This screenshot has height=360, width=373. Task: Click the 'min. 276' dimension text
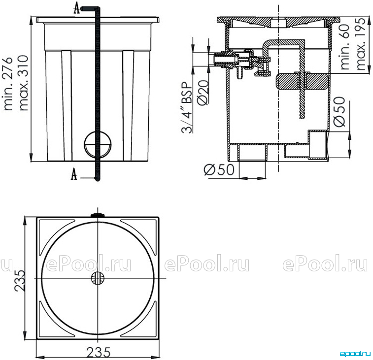coord(8,84)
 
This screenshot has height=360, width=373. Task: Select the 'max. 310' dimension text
coord(23,83)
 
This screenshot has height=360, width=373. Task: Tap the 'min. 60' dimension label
coord(345,47)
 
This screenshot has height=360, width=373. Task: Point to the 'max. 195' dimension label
coord(361,44)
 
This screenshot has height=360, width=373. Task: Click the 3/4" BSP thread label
coord(187,107)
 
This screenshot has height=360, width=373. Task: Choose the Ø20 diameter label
coord(203,92)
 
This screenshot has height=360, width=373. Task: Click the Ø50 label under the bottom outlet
coord(219,170)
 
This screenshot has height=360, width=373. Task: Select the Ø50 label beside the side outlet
coord(339,112)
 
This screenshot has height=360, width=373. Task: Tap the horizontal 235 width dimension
coord(98,352)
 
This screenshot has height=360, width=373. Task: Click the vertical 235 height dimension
coord(20,281)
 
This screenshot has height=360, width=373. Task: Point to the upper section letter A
coord(76,8)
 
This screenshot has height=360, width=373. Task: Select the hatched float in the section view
coord(302,82)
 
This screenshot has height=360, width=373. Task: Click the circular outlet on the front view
coord(98,144)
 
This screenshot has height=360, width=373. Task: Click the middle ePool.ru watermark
coord(207,263)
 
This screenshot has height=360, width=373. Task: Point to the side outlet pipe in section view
coord(318,144)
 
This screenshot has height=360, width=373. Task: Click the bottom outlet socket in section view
coord(252,152)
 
